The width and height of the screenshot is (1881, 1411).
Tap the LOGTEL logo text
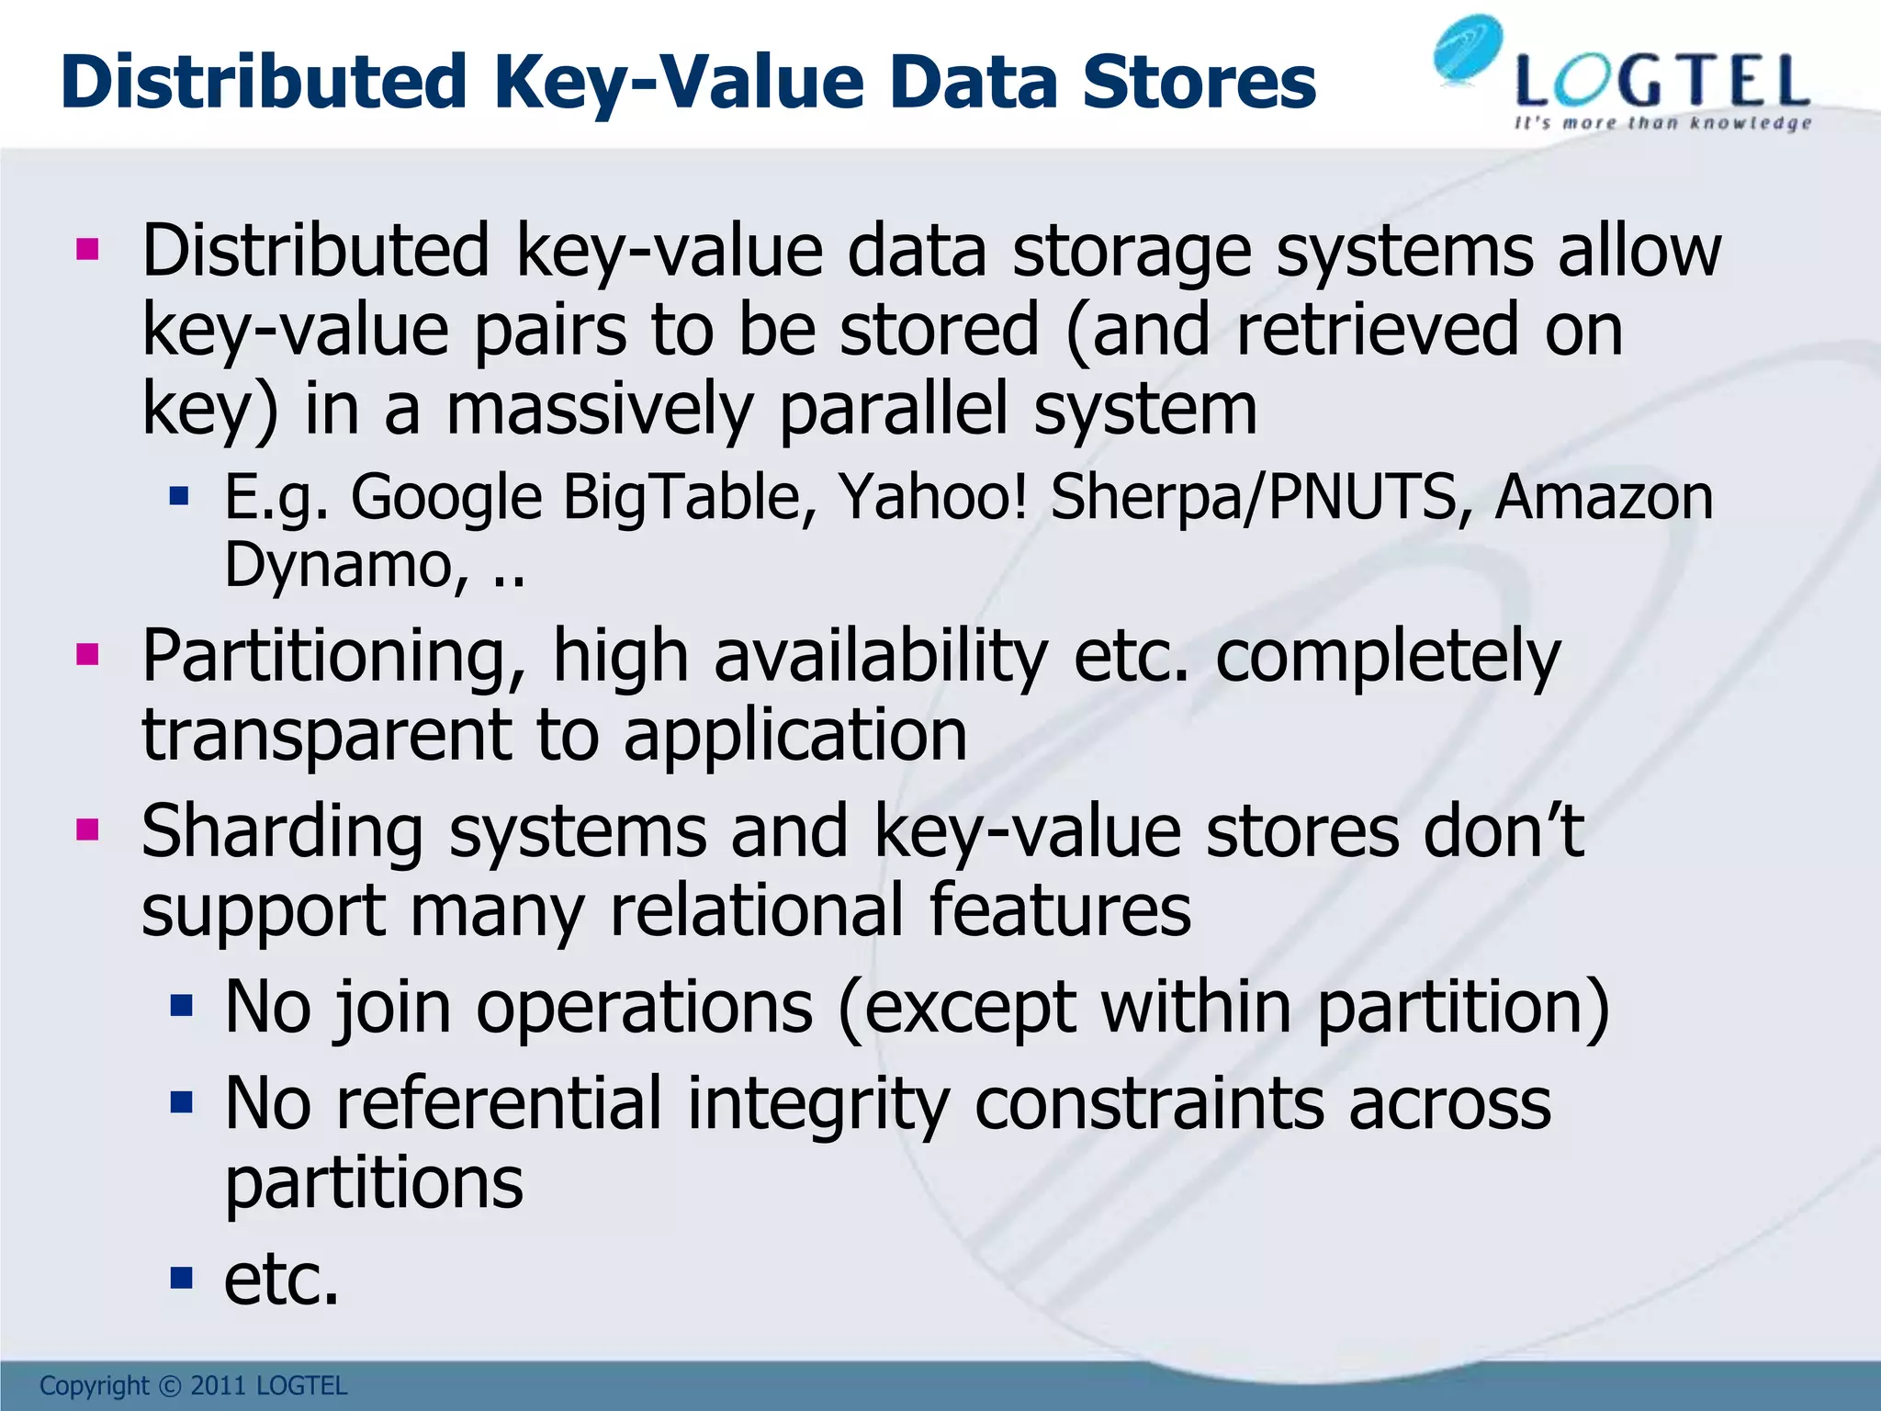1662,83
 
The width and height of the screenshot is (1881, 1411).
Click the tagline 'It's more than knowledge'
1662,123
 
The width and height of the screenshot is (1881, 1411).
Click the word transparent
327,736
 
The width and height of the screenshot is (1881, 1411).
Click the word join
393,1008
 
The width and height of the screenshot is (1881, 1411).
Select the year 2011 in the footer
218,1385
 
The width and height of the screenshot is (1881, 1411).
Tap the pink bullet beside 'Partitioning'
88,655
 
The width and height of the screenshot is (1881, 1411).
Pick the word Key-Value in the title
680,83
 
